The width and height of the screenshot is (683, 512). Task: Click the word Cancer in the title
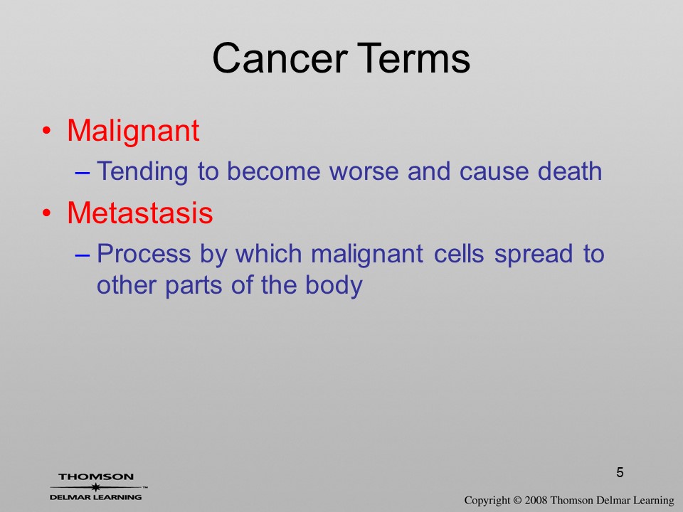(x=280, y=58)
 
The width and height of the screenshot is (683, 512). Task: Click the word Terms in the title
(x=415, y=58)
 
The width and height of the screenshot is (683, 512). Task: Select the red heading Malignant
(x=133, y=132)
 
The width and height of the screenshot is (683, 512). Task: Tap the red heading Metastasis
(x=140, y=213)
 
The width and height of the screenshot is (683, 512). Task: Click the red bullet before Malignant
(x=47, y=131)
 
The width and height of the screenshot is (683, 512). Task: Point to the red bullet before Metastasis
(x=47, y=213)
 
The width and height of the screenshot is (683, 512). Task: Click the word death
(x=570, y=171)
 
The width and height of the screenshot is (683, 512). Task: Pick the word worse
(x=364, y=171)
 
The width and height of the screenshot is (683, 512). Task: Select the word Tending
(x=142, y=171)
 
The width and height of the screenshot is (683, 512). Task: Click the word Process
(x=144, y=254)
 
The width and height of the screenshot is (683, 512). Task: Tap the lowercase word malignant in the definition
(x=367, y=255)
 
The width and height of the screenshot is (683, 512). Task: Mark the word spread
(x=533, y=255)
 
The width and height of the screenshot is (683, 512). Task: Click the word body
(x=334, y=286)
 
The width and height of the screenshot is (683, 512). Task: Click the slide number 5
(x=620, y=472)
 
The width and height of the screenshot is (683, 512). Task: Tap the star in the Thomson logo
(x=96, y=487)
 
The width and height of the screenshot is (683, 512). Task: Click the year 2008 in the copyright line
(x=535, y=501)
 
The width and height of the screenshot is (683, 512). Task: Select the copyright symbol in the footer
(x=517, y=501)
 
